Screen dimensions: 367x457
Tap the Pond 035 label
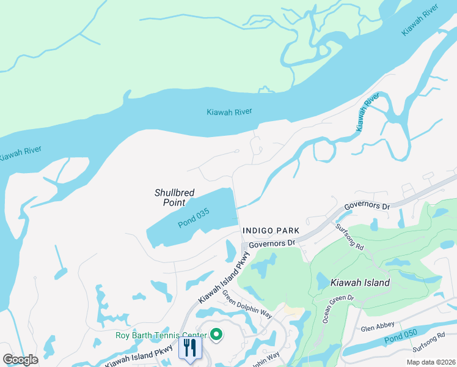click(x=194, y=218)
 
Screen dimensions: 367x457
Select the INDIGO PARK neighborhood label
click(x=271, y=231)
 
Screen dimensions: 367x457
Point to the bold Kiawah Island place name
click(x=359, y=283)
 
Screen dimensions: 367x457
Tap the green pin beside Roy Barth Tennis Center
click(x=216, y=334)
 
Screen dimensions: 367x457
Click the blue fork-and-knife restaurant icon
click(x=189, y=348)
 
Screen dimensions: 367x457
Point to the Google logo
click(x=20, y=360)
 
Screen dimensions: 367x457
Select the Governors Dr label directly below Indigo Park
click(x=271, y=243)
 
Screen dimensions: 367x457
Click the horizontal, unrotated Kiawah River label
click(x=229, y=112)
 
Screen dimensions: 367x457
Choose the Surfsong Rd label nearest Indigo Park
click(x=350, y=237)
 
